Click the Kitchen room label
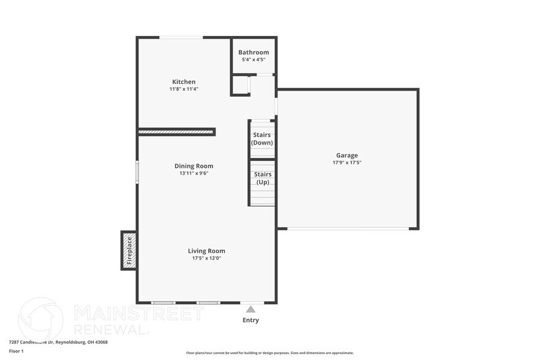pyautogui.click(x=184, y=81)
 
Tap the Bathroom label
pyautogui.click(x=253, y=53)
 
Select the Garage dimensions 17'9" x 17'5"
pyautogui.click(x=347, y=162)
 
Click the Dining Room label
pyautogui.click(x=193, y=166)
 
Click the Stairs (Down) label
pyautogui.click(x=262, y=139)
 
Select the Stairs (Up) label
pyautogui.click(x=262, y=178)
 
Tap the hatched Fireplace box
pyautogui.click(x=129, y=250)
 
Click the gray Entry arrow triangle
pyautogui.click(x=250, y=310)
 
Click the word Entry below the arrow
pyautogui.click(x=250, y=320)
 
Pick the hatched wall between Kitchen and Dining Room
pyautogui.click(x=176, y=131)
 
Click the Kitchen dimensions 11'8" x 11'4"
pyautogui.click(x=184, y=89)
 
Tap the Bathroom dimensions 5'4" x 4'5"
pyautogui.click(x=253, y=60)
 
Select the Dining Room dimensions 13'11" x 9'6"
pyautogui.click(x=193, y=173)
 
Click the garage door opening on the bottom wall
pyautogui.click(x=348, y=229)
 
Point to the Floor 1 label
pyautogui.click(x=17, y=351)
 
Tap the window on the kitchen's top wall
pyautogui.click(x=181, y=37)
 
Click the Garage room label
pyautogui.click(x=347, y=155)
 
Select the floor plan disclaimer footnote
pyautogui.click(x=269, y=353)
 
